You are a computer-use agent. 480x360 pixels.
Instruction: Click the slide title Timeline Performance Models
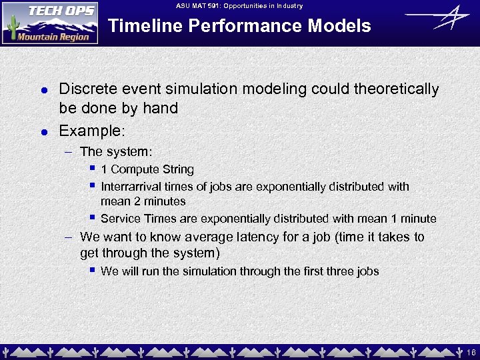[239, 26]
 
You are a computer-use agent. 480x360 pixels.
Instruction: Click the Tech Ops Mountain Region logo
[50, 23]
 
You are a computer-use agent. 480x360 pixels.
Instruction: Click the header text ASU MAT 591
[239, 6]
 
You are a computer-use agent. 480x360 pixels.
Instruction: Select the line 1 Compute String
[147, 169]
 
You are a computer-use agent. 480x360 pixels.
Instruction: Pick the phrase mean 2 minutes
[143, 201]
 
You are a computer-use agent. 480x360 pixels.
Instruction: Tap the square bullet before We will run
[93, 270]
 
